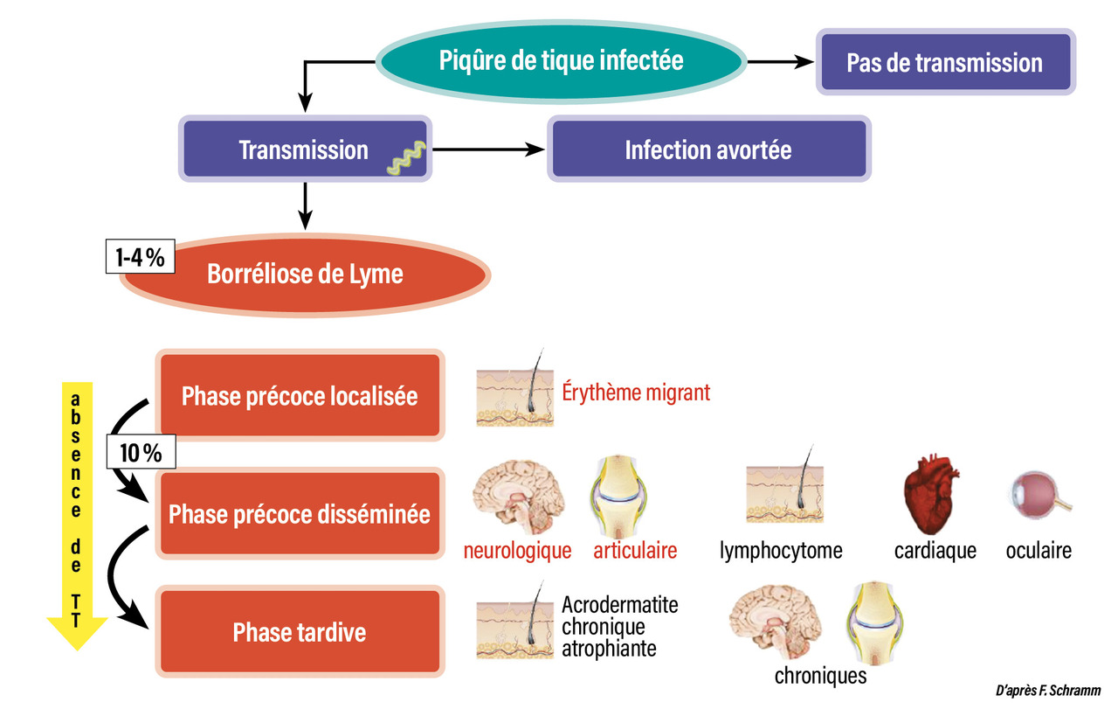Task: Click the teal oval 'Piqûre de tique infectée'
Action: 560,61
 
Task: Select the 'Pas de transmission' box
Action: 944,63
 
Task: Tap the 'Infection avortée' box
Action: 707,149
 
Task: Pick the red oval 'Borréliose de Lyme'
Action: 305,275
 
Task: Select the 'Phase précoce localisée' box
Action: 300,395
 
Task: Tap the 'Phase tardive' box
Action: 300,632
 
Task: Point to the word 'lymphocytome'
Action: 781,551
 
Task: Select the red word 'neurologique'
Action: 518,551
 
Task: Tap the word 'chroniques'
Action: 820,676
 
